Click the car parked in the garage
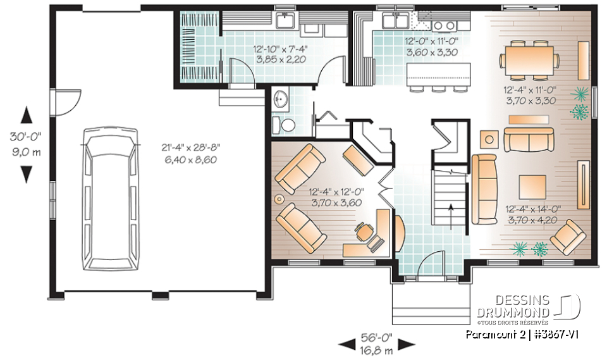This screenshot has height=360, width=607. coord(111,202)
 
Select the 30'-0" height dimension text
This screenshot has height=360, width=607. coord(26,137)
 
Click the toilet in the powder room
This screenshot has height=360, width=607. coord(287,125)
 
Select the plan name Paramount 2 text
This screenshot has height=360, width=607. coord(491,333)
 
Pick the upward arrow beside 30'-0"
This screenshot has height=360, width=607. coord(26,115)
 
